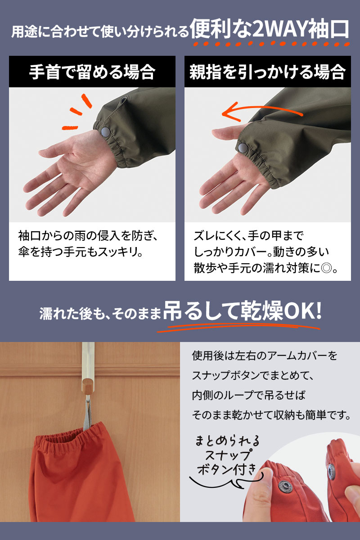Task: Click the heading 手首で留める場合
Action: (x=92, y=72)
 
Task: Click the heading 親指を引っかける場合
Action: (x=267, y=72)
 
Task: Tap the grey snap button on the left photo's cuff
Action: (x=106, y=131)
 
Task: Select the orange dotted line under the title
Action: (x=271, y=44)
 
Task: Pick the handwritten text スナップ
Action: (x=228, y=455)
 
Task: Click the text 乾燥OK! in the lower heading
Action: (x=281, y=312)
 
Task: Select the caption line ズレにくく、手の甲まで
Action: (x=248, y=235)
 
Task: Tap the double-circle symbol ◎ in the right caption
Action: (x=326, y=268)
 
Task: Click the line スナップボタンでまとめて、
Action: (x=253, y=375)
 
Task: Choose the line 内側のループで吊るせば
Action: (x=248, y=395)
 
